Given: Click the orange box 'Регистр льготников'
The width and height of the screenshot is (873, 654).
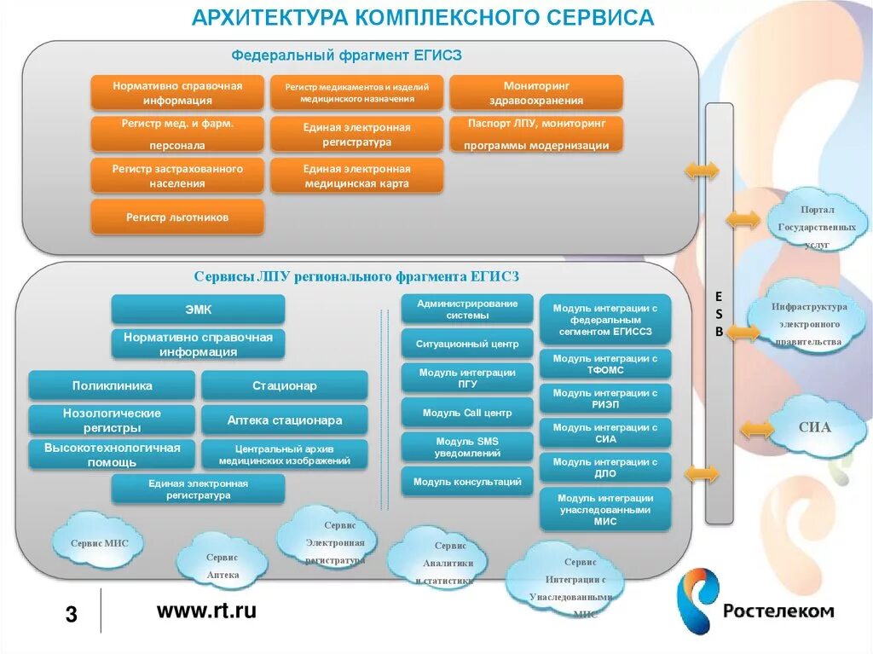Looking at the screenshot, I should tap(177, 217).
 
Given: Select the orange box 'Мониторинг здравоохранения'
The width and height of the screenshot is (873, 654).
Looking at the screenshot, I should tap(535, 93).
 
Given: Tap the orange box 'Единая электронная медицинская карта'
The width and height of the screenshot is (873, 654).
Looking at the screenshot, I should tap(356, 176).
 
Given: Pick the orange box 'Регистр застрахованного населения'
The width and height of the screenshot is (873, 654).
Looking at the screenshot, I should tap(177, 176).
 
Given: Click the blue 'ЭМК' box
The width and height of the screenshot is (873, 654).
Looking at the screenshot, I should tap(198, 309).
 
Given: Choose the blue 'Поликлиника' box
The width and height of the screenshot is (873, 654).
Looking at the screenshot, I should tap(113, 385).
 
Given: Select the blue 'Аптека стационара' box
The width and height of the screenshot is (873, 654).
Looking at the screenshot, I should tap(285, 420).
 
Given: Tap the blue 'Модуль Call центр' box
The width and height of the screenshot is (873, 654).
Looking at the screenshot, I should tap(467, 413).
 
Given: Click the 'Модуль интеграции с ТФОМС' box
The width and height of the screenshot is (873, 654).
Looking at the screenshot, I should tap(605, 365).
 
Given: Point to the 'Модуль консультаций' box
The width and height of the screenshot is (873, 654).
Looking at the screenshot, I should tap(467, 482).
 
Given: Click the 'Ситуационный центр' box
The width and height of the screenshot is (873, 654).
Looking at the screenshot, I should tap(467, 344).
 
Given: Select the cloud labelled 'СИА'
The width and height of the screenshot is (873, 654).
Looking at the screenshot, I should tap(814, 428).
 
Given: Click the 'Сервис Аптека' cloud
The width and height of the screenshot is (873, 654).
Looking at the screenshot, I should tap(223, 565).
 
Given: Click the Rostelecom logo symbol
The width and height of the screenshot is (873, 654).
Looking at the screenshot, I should tap(697, 601).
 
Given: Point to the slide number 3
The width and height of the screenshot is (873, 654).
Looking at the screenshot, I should tap(72, 614).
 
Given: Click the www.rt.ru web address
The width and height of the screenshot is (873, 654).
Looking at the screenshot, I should tap(206, 611).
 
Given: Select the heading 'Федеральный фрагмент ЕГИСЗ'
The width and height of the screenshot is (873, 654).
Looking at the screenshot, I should tap(347, 55).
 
